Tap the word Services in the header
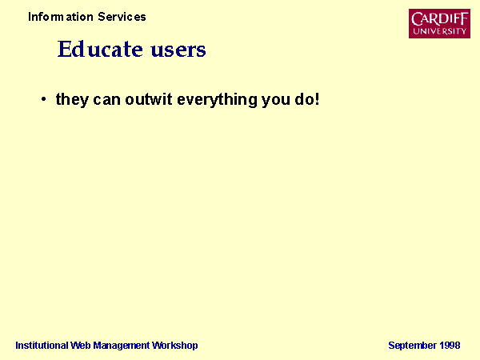(122, 17)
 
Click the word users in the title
(178, 50)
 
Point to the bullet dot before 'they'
(44, 99)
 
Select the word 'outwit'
(149, 99)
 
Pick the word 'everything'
(217, 100)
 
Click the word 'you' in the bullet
(276, 101)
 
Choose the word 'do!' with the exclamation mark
(307, 99)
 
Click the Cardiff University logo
(439, 23)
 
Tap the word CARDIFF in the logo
(439, 19)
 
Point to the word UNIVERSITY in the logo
(439, 31)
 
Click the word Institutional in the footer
(42, 346)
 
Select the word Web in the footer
(81, 346)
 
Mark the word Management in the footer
(122, 346)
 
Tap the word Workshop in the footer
(175, 346)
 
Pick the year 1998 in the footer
(450, 346)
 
